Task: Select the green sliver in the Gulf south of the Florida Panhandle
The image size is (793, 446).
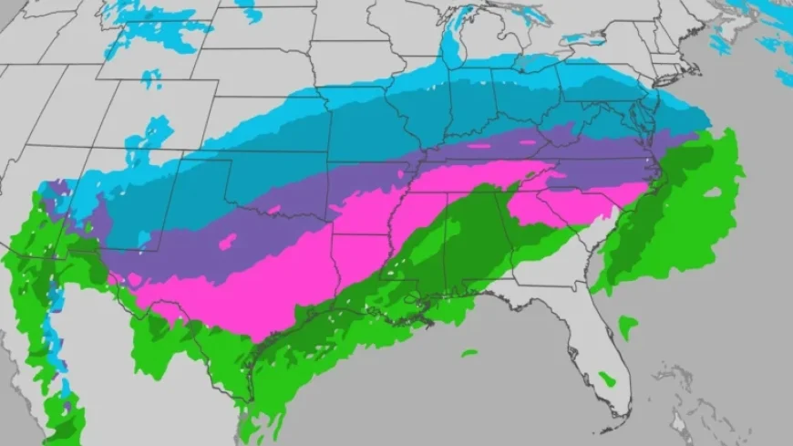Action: tap(469, 353)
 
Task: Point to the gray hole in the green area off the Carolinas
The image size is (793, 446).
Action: tap(711, 192)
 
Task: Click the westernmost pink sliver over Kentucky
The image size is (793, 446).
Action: tap(479, 144)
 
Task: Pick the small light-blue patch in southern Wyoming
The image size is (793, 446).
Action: tap(150, 78)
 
